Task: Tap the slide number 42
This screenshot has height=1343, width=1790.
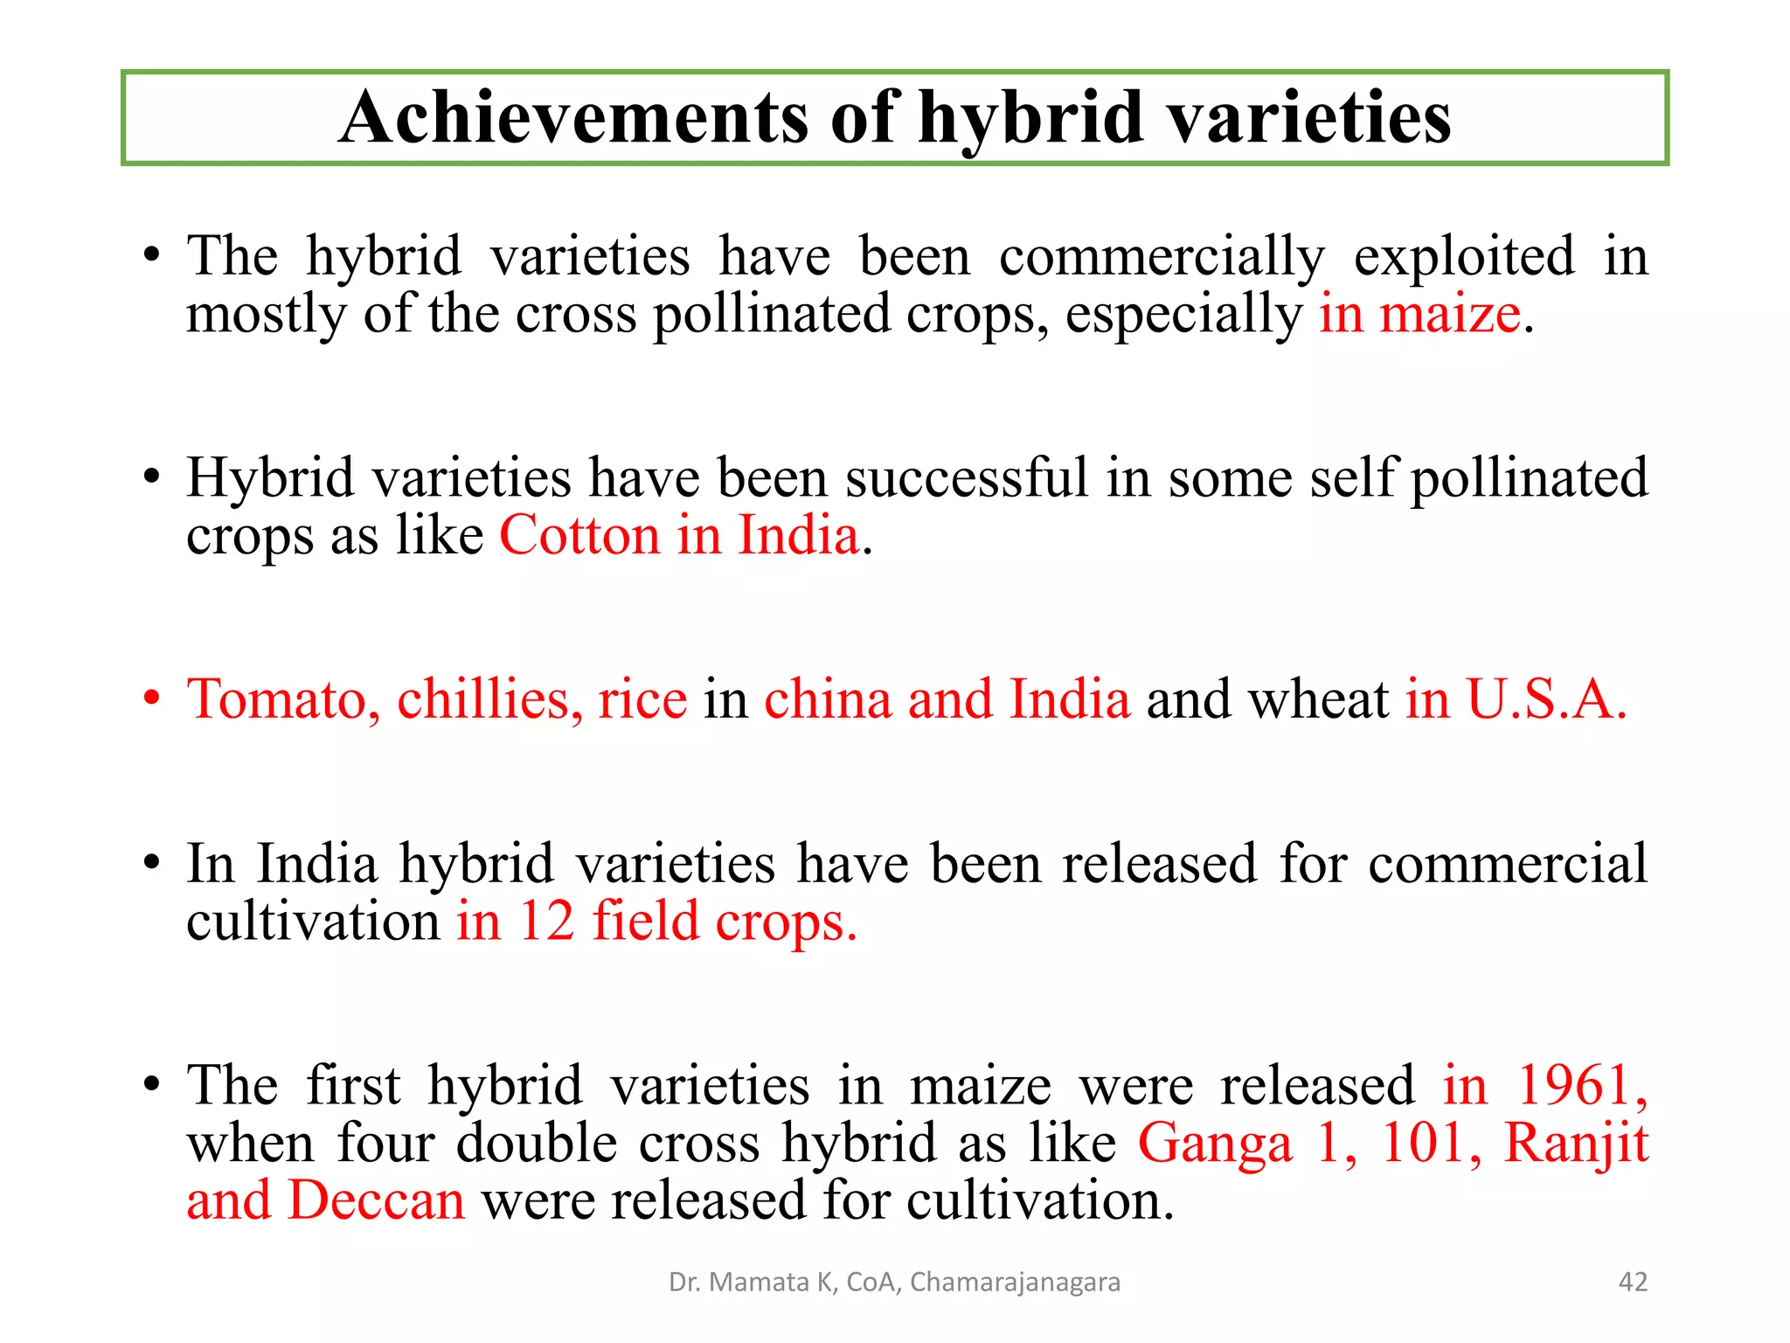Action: [1633, 1282]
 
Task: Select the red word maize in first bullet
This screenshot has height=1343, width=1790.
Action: [1450, 314]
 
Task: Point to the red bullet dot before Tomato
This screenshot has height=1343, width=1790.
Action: [153, 699]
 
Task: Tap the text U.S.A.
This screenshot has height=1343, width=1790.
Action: [1546, 699]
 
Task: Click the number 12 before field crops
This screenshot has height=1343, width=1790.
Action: [547, 921]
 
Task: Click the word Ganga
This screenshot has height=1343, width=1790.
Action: [1215, 1144]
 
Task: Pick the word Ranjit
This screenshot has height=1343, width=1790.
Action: [1576, 1144]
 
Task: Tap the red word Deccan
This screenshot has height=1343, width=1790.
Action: [377, 1200]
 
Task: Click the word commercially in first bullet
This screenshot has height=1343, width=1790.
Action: [1162, 257]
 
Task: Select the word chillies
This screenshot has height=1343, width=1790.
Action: [490, 699]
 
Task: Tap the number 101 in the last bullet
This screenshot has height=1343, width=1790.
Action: [1426, 1144]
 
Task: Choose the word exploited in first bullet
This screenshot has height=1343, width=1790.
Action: [1464, 257]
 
